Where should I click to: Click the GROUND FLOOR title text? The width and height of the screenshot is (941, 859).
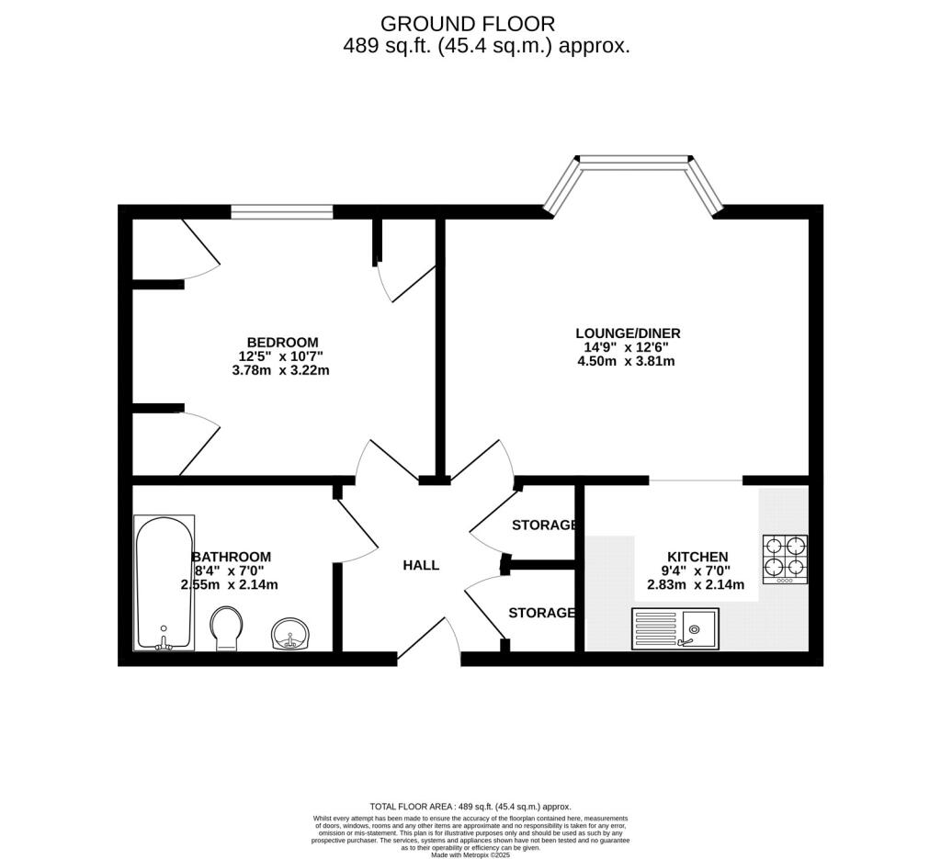coord(468,24)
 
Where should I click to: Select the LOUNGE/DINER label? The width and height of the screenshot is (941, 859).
coord(628,333)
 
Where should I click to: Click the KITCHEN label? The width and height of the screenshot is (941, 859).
coord(697,558)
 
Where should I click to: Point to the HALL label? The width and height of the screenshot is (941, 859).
coord(421,565)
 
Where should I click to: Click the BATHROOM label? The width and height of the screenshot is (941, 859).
coord(231,558)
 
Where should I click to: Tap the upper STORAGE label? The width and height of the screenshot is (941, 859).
coord(544,526)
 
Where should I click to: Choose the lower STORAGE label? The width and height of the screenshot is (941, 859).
coord(541,613)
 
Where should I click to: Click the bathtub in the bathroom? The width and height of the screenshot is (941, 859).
coord(164,582)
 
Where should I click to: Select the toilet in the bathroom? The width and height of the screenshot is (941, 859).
coord(226,628)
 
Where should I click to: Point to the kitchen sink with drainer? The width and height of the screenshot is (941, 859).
coord(675,628)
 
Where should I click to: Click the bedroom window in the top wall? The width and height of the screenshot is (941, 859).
coord(282,211)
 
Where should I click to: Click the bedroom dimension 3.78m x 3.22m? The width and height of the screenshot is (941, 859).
coord(281,371)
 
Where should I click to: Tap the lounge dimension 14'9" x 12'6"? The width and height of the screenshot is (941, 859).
coord(626,347)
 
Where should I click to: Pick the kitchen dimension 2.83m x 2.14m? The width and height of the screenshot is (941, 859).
coord(697,585)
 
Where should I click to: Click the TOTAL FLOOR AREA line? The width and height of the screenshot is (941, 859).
coord(470,807)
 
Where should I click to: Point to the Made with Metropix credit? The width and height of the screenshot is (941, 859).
coord(470,854)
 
